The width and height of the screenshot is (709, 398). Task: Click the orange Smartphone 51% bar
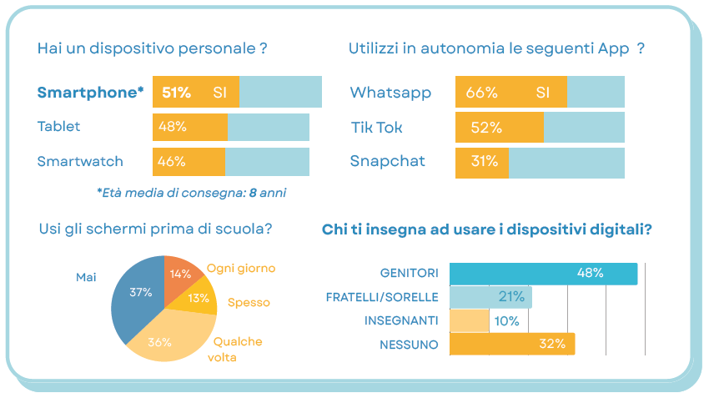[x=196, y=92]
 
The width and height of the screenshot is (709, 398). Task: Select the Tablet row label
[x=58, y=127]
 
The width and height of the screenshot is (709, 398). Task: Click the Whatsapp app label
[x=390, y=92]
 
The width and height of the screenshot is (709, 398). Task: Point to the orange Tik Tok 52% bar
[x=499, y=128]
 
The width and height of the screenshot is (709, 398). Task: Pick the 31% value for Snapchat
[x=484, y=162]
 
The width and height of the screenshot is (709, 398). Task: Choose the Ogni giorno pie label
[x=241, y=269]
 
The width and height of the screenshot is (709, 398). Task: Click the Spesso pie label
[x=249, y=303]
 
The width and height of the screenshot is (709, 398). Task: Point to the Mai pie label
[x=86, y=277]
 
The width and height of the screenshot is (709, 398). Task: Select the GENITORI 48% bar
[x=543, y=274]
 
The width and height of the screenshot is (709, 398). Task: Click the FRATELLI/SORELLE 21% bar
[x=490, y=297]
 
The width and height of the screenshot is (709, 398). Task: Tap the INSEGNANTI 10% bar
[x=469, y=320]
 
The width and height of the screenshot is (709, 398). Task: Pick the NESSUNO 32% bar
[x=512, y=344]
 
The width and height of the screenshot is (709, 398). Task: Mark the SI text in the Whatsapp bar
[x=543, y=92]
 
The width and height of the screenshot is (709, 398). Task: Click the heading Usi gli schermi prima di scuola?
[x=156, y=229]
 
